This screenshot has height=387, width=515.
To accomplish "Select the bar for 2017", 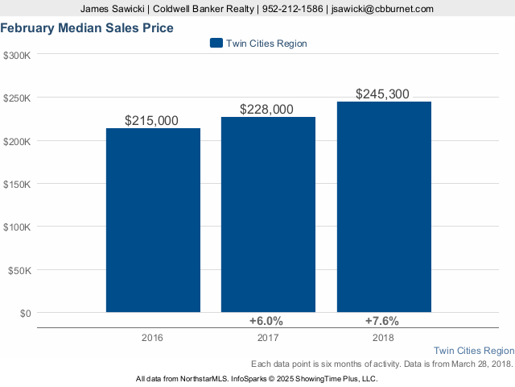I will (268, 214).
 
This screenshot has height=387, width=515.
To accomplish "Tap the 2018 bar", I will (384, 206).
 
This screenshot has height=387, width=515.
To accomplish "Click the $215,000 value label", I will (152, 120).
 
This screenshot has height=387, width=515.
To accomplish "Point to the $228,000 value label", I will (266, 110).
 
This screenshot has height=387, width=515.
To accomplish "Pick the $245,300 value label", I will (382, 94).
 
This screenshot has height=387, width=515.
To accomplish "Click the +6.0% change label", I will (266, 321).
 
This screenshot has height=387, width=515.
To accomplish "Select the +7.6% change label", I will (382, 321).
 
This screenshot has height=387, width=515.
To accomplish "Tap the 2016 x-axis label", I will (151, 337).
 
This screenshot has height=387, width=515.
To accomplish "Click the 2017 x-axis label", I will (267, 337).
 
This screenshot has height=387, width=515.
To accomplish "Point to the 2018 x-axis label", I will (383, 337).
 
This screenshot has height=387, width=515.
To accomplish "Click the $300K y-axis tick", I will (18, 55).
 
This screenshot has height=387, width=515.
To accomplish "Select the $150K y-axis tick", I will (18, 184).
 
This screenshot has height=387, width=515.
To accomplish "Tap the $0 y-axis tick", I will (24, 313).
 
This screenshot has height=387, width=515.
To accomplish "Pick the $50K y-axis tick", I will (20, 270).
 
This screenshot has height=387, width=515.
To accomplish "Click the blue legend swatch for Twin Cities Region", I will (215, 43).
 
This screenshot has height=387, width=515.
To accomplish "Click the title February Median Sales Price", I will (87, 28).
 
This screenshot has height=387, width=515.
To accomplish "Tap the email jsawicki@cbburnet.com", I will (383, 9).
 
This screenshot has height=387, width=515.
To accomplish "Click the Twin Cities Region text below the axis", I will (473, 351).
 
